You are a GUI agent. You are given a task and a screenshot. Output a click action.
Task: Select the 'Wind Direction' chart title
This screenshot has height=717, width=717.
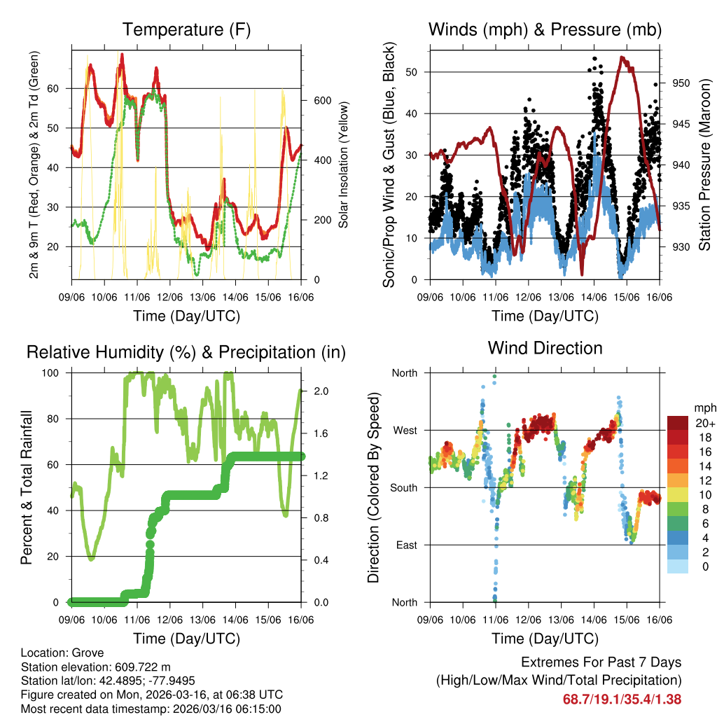(x=545, y=348)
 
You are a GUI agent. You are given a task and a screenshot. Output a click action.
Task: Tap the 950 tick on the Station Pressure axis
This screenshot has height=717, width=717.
(x=682, y=83)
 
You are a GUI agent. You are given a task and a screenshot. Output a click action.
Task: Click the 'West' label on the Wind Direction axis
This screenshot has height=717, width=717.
(x=404, y=431)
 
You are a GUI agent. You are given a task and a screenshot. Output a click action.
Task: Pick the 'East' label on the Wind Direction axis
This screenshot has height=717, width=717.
(x=405, y=545)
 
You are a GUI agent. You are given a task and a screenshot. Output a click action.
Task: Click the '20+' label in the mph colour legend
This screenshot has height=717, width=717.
(x=705, y=423)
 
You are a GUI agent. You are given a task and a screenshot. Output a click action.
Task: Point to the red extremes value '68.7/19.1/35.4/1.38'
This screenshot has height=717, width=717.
(x=622, y=699)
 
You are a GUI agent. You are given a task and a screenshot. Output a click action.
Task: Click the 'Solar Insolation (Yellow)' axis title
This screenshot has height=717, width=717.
(x=344, y=165)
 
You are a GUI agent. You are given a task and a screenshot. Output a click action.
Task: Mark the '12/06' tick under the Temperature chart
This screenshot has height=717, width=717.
(x=169, y=297)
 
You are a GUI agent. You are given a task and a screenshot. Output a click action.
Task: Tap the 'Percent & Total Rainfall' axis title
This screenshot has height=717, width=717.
(x=26, y=487)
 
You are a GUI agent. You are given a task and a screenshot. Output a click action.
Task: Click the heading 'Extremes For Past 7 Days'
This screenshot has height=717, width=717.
(x=601, y=662)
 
